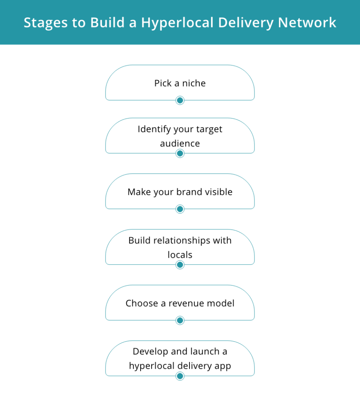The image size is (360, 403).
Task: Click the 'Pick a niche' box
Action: coord(180,83)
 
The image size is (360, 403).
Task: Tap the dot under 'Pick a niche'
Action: coord(180,100)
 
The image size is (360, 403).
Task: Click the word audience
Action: coord(180,143)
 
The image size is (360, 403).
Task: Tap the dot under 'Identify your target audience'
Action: coord(180,153)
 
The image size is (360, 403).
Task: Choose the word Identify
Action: coord(154,129)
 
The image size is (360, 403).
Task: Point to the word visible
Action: coord(219,192)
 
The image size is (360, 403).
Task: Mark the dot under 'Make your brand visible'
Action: coord(180,209)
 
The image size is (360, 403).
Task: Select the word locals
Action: coord(180,255)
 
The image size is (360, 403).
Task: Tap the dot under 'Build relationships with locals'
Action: coord(180,265)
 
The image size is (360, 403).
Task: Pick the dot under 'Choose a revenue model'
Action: coord(180,320)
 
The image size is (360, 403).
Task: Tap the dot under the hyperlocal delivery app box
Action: coord(180,376)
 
